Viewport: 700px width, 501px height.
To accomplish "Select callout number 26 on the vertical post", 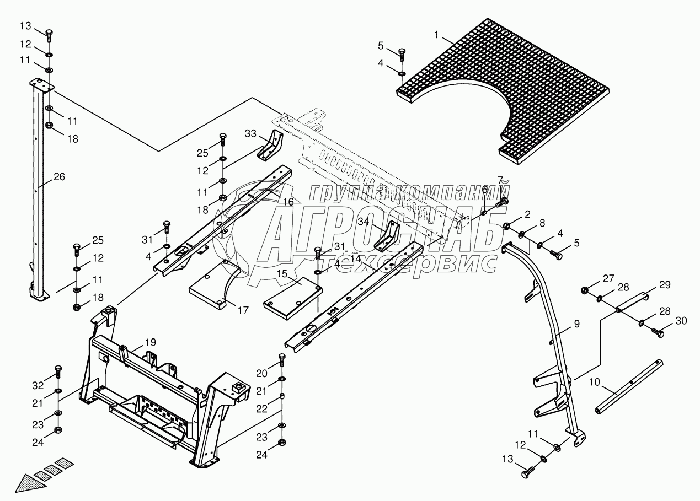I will point(59,177).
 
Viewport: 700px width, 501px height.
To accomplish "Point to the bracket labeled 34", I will point(389,236).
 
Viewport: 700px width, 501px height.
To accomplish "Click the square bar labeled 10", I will point(629,388).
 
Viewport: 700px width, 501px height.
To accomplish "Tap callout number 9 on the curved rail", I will point(576,325).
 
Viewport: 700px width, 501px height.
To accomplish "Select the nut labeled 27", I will point(586,290).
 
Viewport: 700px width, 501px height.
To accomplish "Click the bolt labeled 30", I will point(657,332).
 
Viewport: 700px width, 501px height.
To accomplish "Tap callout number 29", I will point(664,284).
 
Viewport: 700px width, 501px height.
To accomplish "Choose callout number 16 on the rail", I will point(288,202).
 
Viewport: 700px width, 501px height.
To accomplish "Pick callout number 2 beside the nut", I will point(527,214).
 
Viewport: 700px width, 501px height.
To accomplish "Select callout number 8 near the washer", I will point(542,223).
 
